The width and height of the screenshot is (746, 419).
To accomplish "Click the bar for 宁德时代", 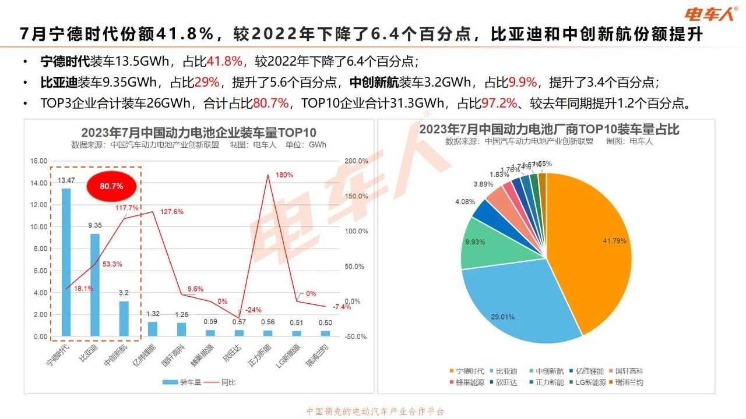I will [x=66, y=262].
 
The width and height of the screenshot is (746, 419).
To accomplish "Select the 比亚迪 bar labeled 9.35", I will [x=95, y=285].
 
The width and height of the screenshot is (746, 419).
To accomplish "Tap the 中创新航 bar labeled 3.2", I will [x=124, y=318].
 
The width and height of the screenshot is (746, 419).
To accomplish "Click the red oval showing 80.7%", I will [x=111, y=186].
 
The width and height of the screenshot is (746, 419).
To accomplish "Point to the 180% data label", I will [x=284, y=175].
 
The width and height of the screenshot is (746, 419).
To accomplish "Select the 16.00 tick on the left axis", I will [x=39, y=161].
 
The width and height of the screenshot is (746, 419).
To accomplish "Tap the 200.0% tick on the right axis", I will [x=357, y=161].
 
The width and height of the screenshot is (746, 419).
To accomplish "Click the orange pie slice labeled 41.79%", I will [x=589, y=244].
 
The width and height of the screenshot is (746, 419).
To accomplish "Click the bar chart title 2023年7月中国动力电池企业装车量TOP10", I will [x=199, y=133].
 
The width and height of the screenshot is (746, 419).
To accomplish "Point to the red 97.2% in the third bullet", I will [x=500, y=104].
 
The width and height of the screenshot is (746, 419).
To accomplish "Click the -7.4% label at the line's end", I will [x=342, y=307].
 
